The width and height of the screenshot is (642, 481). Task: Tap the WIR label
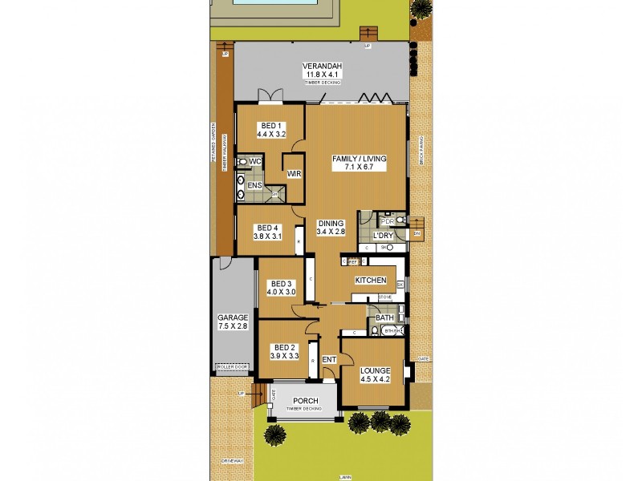click(293, 172)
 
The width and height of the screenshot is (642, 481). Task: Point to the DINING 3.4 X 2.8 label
click(331, 228)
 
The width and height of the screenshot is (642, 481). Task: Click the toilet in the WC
click(242, 162)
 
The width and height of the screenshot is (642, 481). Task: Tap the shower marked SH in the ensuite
click(274, 193)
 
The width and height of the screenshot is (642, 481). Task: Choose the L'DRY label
click(384, 236)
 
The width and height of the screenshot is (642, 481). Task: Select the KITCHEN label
click(371, 281)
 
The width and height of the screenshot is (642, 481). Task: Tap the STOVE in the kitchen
click(384, 297)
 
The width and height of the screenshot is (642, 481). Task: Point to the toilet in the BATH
click(374, 330)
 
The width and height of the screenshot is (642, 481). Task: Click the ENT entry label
click(329, 360)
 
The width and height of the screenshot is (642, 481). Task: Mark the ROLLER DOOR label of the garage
click(233, 367)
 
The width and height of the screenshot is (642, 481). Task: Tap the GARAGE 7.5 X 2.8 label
click(232, 322)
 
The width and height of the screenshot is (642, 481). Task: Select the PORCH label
click(305, 401)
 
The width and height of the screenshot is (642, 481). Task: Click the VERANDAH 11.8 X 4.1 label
click(323, 71)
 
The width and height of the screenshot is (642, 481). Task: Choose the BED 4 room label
click(268, 232)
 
